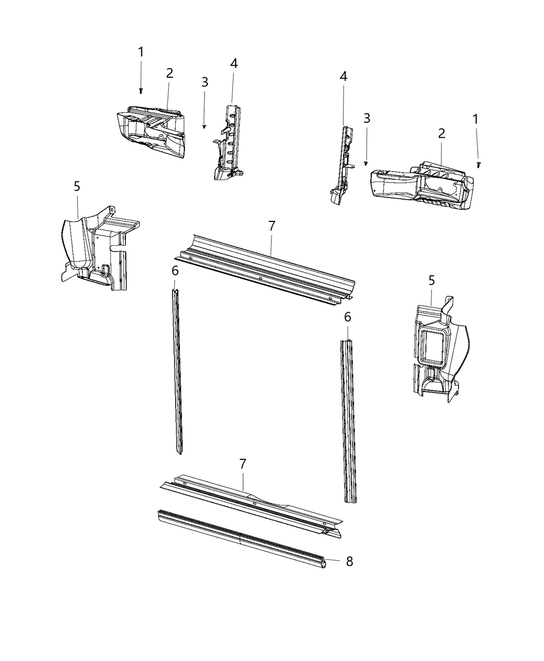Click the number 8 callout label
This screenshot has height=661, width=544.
pos(349,561)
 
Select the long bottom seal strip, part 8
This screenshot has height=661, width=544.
pos(238,539)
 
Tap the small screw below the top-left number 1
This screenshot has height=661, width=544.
pos(141,91)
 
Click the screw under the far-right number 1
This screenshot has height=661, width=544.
pos(478,164)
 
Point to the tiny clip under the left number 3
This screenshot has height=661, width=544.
pos(205,126)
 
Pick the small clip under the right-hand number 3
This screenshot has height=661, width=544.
pos(366,162)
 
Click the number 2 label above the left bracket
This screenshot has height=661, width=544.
pos(169,74)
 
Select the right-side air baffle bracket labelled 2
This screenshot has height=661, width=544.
pos(422,187)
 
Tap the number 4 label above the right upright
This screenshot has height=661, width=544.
pos(343,77)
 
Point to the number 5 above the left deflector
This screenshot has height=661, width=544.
pos(77,186)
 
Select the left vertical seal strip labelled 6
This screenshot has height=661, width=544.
pos(177,373)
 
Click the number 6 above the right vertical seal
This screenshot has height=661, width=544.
pos(347,316)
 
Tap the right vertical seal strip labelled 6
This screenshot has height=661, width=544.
pos(349,420)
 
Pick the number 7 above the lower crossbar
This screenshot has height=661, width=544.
pos(242,464)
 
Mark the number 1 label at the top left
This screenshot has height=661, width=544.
pos(140,52)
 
